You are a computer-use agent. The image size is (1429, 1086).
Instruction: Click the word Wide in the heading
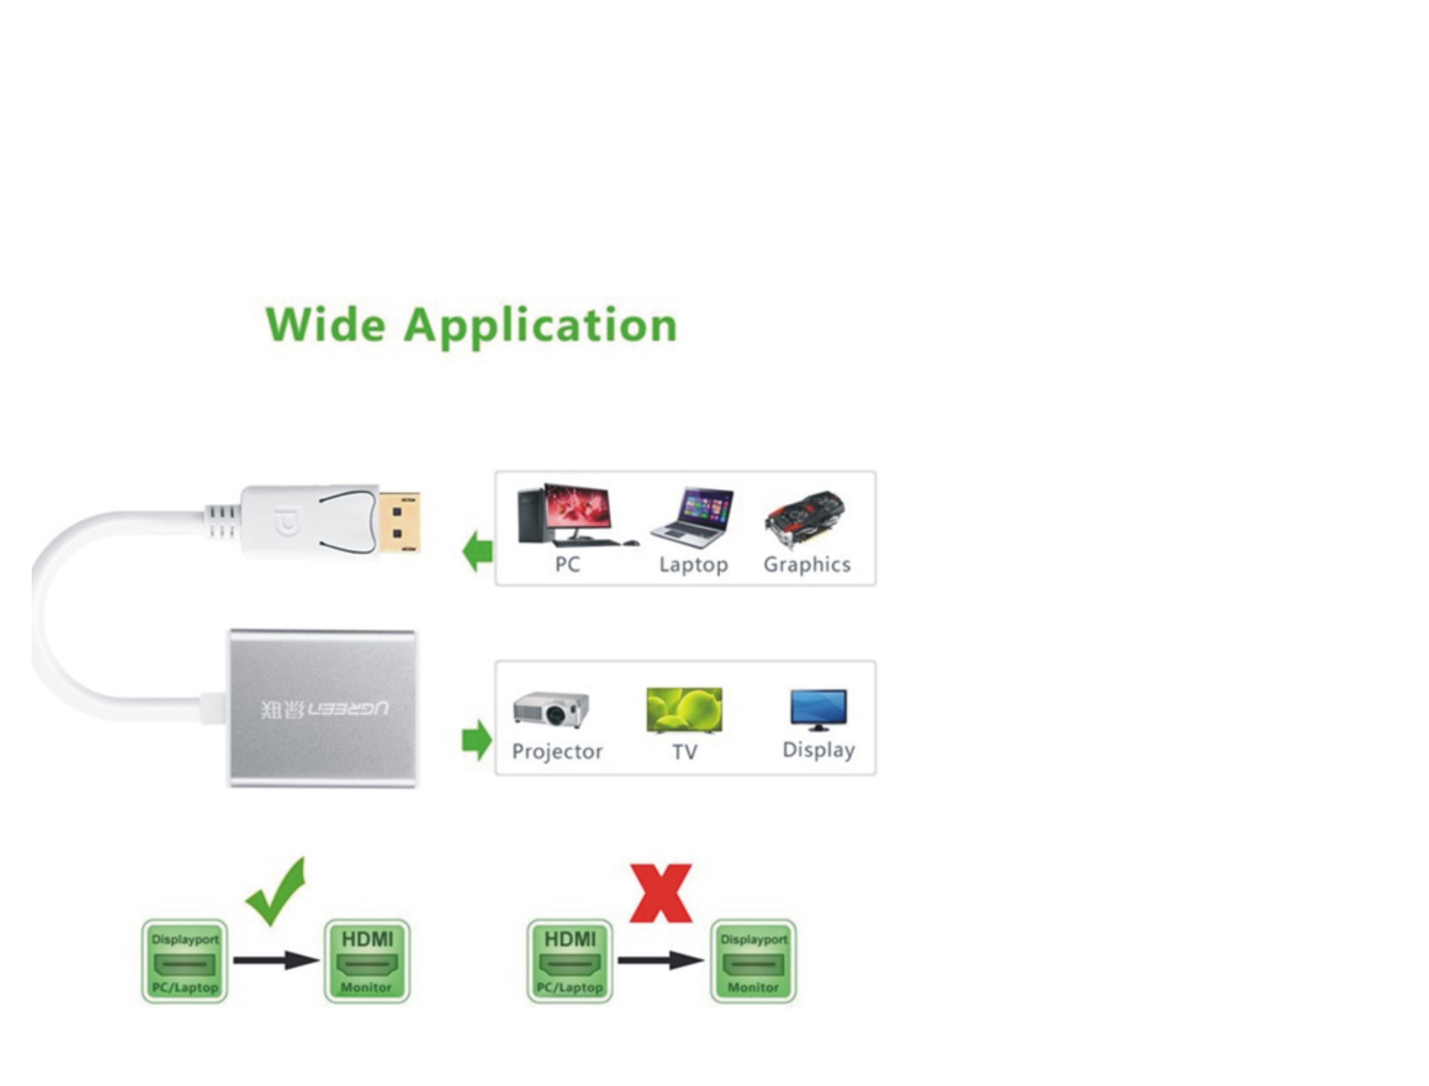tap(325, 325)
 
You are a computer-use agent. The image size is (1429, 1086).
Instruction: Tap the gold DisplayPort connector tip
tap(399, 523)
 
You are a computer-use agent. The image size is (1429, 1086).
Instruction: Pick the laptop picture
tap(693, 518)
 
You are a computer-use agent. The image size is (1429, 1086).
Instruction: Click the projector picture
tap(551, 710)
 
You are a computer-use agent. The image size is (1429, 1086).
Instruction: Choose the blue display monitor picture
tap(818, 709)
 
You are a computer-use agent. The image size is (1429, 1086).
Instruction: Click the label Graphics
tap(807, 565)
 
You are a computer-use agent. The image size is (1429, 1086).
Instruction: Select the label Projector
tap(557, 752)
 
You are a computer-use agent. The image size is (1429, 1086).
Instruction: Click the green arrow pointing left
tap(478, 551)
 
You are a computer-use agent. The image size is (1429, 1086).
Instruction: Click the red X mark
tap(661, 893)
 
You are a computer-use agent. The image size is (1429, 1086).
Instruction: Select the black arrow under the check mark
tap(276, 960)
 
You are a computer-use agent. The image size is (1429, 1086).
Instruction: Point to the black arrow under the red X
tap(661, 960)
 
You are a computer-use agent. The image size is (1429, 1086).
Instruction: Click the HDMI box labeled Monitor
tap(366, 961)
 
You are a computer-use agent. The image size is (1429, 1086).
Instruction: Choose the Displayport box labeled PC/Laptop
tap(185, 961)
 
